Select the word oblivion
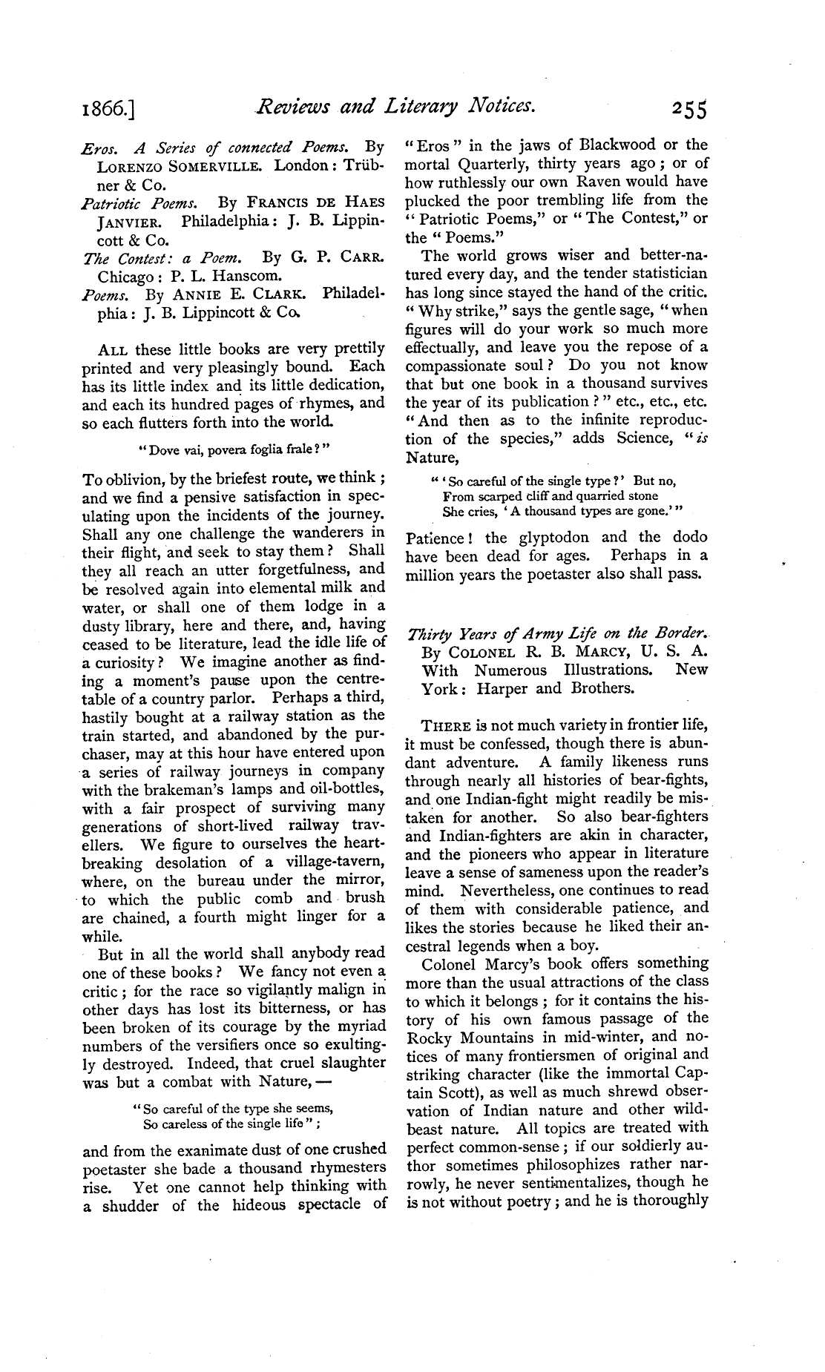(131, 478)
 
